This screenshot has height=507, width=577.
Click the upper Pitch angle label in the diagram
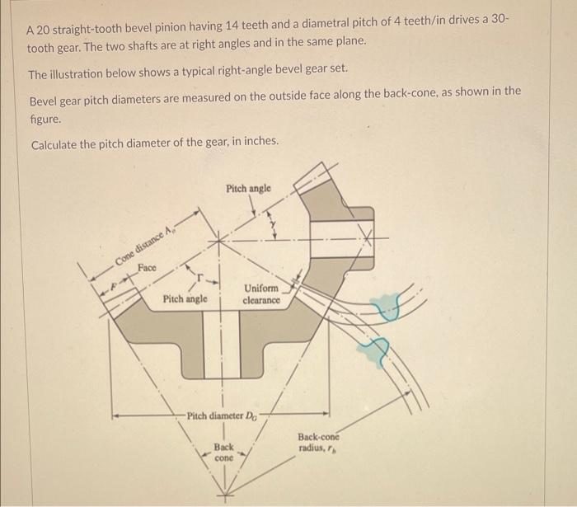(248, 189)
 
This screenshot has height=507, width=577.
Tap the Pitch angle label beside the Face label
(185, 298)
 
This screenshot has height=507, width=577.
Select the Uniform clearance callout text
(263, 294)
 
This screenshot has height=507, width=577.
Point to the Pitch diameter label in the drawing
(221, 415)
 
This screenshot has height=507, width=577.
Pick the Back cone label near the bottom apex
(224, 452)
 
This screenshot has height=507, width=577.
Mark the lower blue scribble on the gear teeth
(377, 350)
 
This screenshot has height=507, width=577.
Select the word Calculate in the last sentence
(59, 144)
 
